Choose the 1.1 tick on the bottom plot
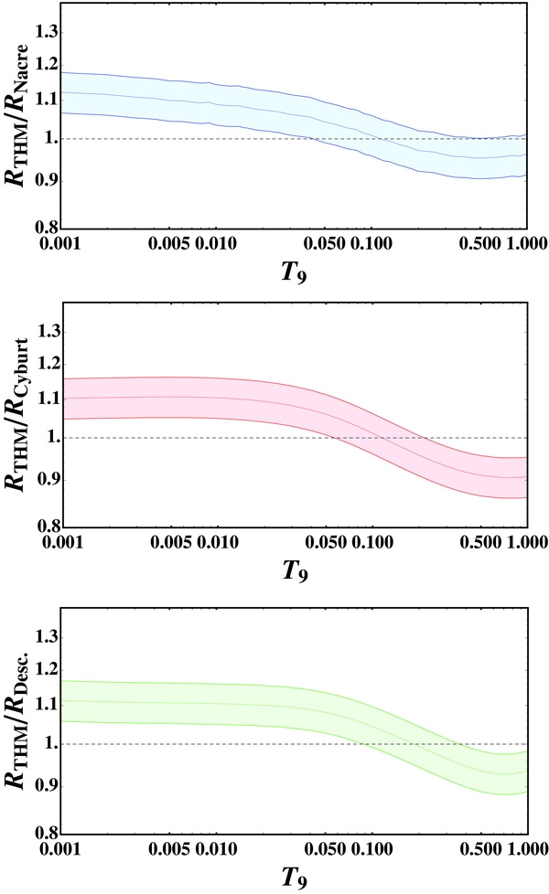pyautogui.click(x=46, y=705)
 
